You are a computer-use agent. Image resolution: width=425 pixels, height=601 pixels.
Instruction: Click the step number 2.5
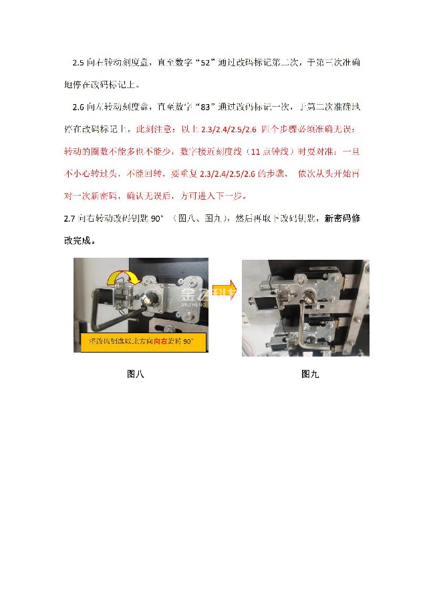click(79, 63)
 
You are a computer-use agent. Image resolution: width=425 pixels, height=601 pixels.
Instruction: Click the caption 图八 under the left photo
click(136, 374)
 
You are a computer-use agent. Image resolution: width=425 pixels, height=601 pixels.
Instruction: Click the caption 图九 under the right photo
click(310, 374)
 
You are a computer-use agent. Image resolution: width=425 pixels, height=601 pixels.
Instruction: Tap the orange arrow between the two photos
click(225, 291)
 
